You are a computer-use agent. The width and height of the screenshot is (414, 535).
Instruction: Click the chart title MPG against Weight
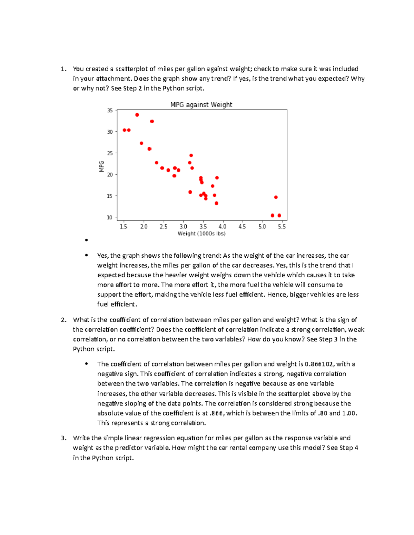point(201,105)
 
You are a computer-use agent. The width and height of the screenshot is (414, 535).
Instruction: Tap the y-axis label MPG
point(102,166)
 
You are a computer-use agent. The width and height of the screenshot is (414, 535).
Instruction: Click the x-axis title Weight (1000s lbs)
point(201,234)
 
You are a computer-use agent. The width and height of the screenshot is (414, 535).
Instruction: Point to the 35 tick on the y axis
point(110,111)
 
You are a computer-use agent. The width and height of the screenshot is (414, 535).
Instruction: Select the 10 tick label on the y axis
point(110,217)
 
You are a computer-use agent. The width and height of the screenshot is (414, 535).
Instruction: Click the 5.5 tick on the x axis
point(282,227)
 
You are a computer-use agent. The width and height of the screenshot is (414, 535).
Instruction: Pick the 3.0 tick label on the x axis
point(183,227)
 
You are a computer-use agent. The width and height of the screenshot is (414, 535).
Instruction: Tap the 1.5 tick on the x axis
point(123,227)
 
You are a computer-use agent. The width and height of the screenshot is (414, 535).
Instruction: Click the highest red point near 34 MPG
point(137,115)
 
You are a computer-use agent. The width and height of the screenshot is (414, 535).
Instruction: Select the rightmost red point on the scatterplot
point(279,215)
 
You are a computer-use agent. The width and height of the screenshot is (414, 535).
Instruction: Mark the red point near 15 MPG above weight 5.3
point(276,197)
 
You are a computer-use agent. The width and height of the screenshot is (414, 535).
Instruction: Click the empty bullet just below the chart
point(86,240)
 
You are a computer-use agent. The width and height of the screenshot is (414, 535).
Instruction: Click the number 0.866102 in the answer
point(319,364)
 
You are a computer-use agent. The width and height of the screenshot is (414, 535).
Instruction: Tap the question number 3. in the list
point(63,438)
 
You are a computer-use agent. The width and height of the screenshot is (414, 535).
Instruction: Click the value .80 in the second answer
point(323,413)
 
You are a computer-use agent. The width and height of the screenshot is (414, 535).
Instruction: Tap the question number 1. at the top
point(63,69)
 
